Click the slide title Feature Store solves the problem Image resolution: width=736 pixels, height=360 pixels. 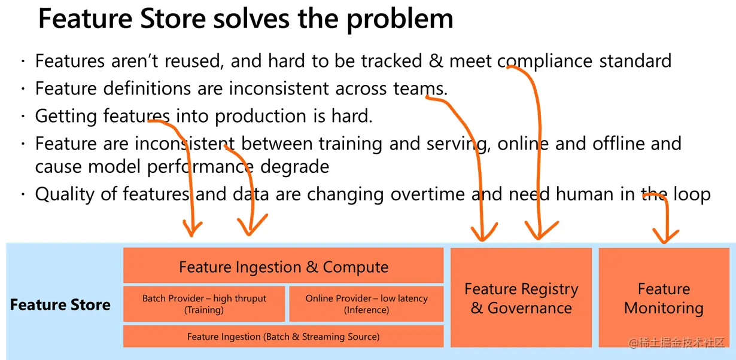(x=245, y=19)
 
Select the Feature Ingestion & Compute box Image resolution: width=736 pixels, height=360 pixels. (x=283, y=267)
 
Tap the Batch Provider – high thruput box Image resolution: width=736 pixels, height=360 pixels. (x=204, y=304)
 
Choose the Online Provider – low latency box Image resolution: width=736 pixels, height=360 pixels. (x=366, y=304)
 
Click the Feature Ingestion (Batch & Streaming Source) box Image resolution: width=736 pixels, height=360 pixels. (x=283, y=337)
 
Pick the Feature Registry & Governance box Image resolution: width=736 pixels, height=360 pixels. (x=521, y=298)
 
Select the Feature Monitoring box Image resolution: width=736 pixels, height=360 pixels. (x=664, y=298)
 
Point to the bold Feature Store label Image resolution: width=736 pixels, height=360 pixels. (x=60, y=305)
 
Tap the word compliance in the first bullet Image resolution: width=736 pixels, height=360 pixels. (x=545, y=61)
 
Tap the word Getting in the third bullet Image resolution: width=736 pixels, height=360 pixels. (x=66, y=116)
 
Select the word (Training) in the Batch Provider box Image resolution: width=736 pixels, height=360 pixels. (x=204, y=310)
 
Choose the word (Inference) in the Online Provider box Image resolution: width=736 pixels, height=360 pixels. (x=366, y=310)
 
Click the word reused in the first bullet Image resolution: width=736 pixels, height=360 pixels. (x=193, y=61)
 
